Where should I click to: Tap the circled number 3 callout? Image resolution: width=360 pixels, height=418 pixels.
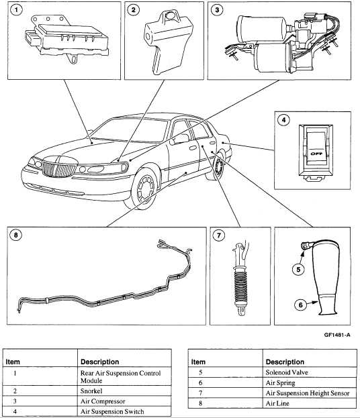coord(216,11)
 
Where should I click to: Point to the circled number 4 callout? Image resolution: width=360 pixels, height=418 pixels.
coord(283,122)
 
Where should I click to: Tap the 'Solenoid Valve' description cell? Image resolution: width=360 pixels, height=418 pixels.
coord(289,372)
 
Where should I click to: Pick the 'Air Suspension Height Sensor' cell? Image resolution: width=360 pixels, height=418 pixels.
coord(305,393)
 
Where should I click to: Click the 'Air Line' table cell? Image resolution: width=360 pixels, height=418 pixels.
coord(278,403)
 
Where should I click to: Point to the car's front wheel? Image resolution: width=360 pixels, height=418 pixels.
coord(144,193)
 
